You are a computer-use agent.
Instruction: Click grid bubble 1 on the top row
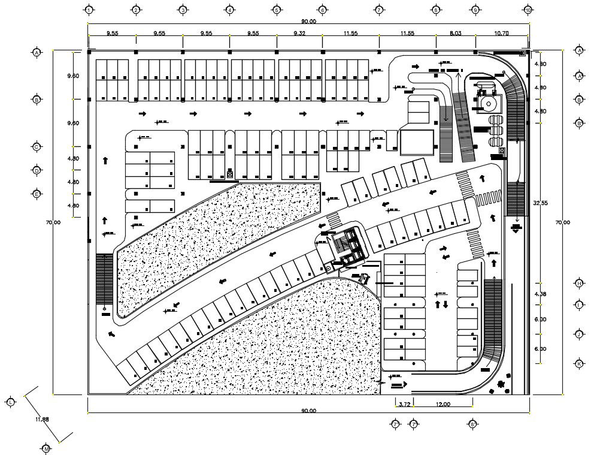(89, 10)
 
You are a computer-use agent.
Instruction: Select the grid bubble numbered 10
(528, 10)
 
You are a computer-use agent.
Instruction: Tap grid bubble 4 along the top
(229, 10)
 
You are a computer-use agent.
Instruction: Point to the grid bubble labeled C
(37, 147)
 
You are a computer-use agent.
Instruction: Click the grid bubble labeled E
(37, 194)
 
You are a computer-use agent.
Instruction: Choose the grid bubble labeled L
(11, 401)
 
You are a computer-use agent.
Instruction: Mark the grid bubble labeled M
(47, 448)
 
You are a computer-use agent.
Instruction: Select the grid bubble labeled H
(579, 283)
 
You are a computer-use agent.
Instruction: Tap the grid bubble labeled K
(579, 364)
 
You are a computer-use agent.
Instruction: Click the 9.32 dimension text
(299, 34)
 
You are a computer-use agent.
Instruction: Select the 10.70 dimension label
(502, 34)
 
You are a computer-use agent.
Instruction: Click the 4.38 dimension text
(540, 294)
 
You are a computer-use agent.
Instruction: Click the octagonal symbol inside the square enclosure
(489, 103)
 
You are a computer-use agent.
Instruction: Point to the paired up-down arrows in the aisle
(442, 304)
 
